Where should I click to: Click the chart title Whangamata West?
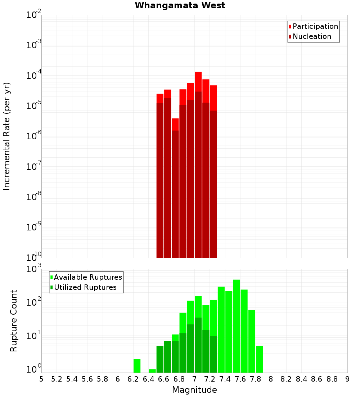point(180,5)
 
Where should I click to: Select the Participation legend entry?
point(315,26)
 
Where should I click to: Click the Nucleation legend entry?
point(312,36)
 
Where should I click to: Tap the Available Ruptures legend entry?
point(88,277)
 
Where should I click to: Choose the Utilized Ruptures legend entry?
point(85,287)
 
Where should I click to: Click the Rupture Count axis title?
point(14,320)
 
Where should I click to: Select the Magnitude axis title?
point(194,390)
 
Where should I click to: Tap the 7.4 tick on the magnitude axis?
point(225,379)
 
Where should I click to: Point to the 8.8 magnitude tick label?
point(332,379)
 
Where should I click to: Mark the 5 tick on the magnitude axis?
point(41,379)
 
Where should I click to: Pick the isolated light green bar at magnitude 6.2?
point(137,366)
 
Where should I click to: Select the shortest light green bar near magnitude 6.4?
point(152,371)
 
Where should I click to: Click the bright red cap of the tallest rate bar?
point(198,82)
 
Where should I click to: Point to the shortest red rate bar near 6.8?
point(175,124)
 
